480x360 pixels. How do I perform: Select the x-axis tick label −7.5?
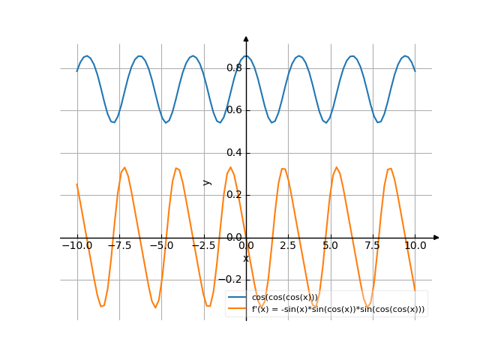click(118, 246)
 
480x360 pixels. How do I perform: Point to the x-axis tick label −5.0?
click(160, 246)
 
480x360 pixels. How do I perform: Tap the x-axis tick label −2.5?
click(203, 246)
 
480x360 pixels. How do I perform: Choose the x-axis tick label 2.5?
click(288, 246)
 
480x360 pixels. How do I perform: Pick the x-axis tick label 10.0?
click(415, 246)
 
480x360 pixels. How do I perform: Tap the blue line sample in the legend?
click(237, 298)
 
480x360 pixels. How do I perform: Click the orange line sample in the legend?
click(237, 309)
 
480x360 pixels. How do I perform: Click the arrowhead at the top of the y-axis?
click(246, 38)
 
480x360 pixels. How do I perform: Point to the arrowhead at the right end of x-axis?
click(436, 238)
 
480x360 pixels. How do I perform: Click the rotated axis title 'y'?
click(208, 182)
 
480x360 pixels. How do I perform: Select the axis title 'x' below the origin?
click(245, 259)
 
